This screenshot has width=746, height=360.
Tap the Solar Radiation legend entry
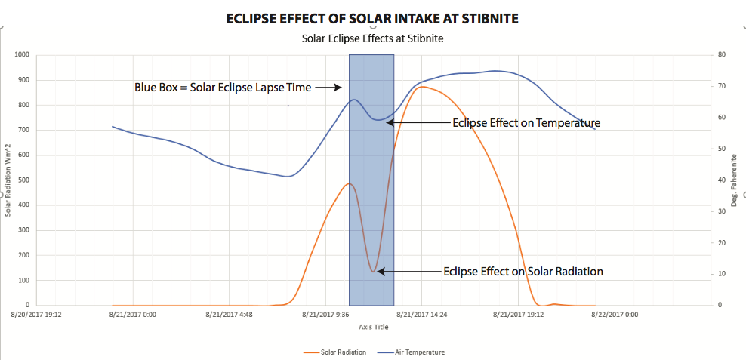335,352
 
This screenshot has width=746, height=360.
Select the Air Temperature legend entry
413,352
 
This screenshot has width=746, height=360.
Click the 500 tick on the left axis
23,180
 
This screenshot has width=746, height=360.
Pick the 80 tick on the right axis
722,55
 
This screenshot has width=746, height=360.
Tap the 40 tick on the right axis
722,180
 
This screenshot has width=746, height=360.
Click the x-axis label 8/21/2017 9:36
326,314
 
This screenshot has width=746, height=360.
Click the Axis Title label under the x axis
374,327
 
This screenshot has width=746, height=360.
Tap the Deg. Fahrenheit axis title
734,180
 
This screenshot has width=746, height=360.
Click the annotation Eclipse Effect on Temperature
526,122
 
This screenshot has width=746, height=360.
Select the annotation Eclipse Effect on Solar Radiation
523,271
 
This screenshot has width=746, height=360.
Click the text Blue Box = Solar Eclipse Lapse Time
223,88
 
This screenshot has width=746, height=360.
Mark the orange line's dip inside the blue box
373,271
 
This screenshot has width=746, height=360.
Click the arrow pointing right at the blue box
328,88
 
